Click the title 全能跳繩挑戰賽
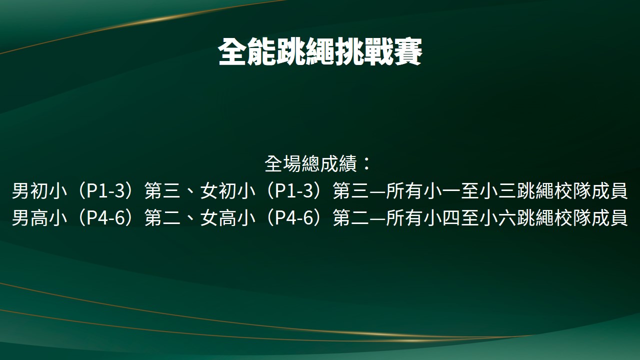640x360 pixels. pyautogui.click(x=320, y=52)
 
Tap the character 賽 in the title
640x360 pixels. pyautogui.click(x=408, y=52)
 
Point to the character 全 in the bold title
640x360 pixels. pyautogui.click(x=232, y=52)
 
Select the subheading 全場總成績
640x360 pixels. pyautogui.click(x=311, y=163)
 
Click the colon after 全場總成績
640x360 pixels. pyautogui.click(x=366, y=163)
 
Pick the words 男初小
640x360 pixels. pyautogui.click(x=39, y=190)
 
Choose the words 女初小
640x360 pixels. pyautogui.click(x=227, y=190)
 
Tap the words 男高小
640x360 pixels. pyautogui.click(x=39, y=217)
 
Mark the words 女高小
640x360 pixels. pyautogui.click(x=227, y=217)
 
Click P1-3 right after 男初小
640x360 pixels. pyautogui.click(x=105, y=190)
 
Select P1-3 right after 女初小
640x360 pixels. pyautogui.click(x=294, y=190)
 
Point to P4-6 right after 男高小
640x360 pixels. pyautogui.click(x=105, y=217)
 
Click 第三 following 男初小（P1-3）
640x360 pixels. pyautogui.click(x=162, y=190)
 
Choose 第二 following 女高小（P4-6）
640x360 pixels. pyautogui.click(x=351, y=217)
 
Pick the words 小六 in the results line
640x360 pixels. pyautogui.click(x=496, y=217)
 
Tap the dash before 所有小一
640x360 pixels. pyautogui.click(x=377, y=191)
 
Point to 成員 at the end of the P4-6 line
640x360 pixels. pyautogui.click(x=609, y=217)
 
